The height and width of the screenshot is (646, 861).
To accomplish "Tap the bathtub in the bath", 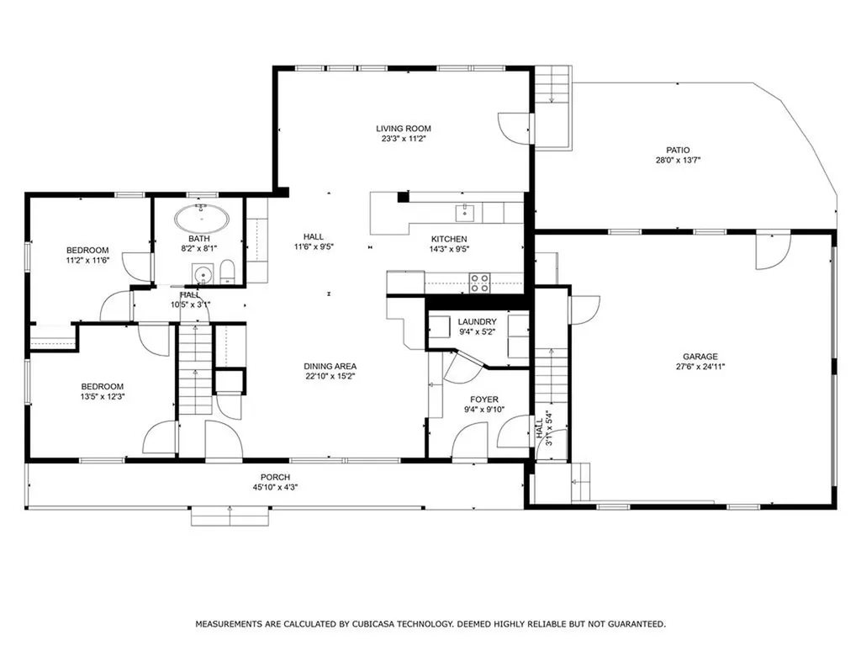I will [202, 221].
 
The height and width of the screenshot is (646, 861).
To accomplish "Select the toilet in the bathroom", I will [227, 272].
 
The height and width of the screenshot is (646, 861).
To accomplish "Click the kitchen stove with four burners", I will [479, 283].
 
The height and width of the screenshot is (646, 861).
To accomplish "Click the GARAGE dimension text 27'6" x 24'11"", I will [700, 367].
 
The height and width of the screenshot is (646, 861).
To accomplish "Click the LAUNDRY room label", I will [477, 322].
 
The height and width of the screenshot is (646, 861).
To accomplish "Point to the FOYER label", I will [483, 400].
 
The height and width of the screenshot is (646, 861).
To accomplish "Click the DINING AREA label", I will [330, 366].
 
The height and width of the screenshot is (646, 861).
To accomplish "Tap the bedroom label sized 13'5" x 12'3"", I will [102, 386].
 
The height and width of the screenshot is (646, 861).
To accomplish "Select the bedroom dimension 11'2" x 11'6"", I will [87, 261].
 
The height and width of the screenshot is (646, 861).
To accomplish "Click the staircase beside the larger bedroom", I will [195, 370].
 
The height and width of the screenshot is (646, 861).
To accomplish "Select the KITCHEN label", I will [449, 239].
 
